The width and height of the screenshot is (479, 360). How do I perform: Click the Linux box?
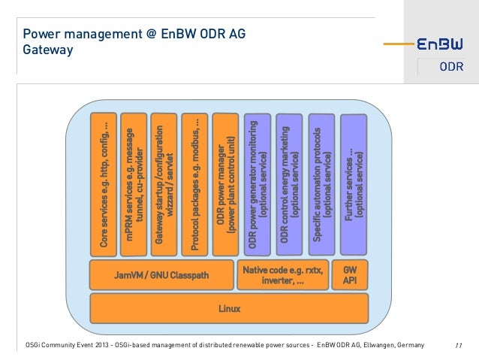pos(229,308)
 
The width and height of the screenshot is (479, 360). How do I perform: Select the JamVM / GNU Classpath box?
pos(161,275)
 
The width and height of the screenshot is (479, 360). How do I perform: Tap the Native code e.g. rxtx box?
pos(283,275)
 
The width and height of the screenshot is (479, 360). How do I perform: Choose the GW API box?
pos(350,275)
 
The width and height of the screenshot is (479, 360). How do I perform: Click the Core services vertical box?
pos(102,183)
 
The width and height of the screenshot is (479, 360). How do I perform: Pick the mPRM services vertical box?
pos(133,183)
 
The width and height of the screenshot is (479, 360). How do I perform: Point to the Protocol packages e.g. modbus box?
pos(194,183)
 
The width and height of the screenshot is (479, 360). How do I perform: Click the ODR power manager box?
pos(225,183)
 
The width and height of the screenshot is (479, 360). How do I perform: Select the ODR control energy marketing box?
pos(289,183)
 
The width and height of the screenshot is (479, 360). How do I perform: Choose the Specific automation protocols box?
pos(322,183)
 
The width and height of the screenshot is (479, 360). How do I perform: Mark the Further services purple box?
pos(354,183)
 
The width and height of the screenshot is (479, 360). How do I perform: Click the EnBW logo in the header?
pos(440,44)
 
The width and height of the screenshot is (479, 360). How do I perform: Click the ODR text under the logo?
pos(450,69)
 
